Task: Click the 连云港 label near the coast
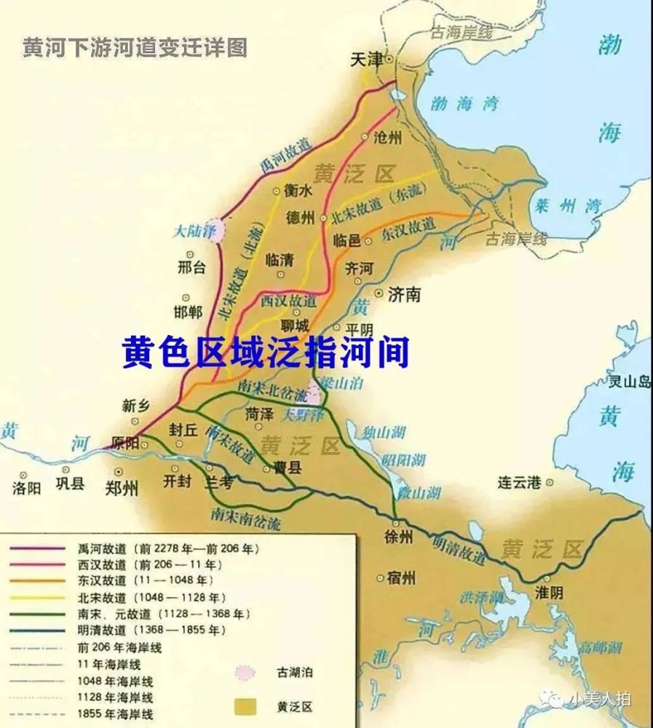(x=520, y=482)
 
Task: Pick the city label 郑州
(x=121, y=488)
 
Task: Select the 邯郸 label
(x=189, y=312)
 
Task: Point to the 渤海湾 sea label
(x=463, y=103)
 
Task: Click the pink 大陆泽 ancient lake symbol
(x=215, y=230)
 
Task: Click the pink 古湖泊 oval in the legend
(x=247, y=673)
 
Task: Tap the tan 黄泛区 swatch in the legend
(x=247, y=705)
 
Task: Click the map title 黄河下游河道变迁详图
(x=135, y=48)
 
